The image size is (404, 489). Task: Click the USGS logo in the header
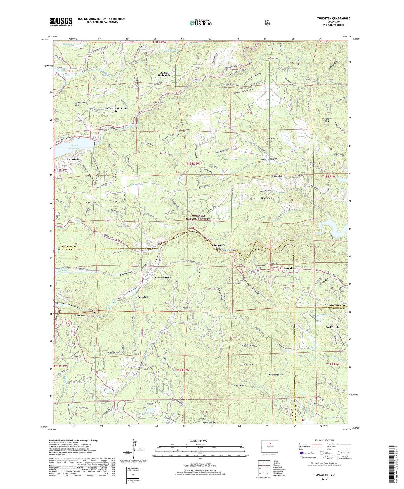61,22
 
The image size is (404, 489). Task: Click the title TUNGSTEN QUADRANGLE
333,18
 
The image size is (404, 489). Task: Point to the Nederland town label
73,159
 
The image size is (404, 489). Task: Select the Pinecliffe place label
219,245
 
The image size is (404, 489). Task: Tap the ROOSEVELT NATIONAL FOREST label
198,217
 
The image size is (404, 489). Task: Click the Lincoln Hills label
163,278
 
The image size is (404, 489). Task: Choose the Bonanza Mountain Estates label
117,110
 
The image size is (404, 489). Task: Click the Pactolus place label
143,297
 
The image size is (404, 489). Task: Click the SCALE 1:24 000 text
198,441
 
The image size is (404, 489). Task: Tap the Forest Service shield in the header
268,23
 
